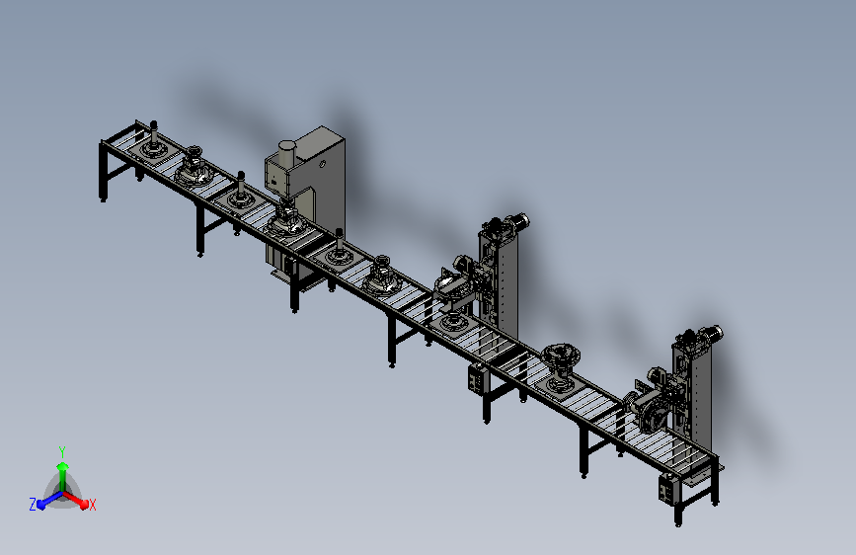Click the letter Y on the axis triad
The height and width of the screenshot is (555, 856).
[62, 451]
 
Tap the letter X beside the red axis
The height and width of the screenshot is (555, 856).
[92, 506]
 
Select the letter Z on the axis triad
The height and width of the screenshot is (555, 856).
[33, 505]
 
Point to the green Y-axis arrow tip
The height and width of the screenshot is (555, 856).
[63, 466]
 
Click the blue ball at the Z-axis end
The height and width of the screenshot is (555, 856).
[40, 505]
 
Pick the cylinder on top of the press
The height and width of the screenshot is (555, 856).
[286, 153]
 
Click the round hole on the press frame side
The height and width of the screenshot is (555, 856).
[322, 164]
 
